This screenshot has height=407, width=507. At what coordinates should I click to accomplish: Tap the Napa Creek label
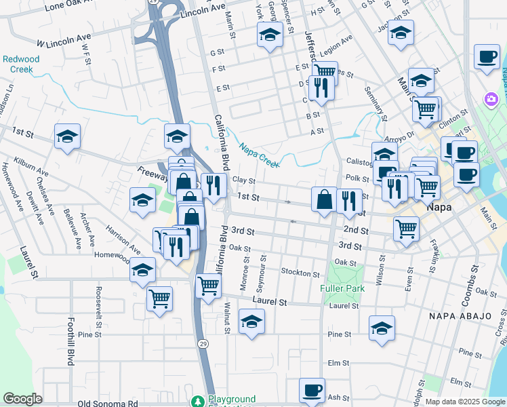click(258, 151)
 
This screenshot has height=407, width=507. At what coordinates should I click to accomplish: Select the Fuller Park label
click(342, 288)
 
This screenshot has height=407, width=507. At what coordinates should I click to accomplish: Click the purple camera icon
click(491, 100)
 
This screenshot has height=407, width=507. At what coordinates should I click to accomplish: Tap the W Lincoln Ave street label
click(64, 40)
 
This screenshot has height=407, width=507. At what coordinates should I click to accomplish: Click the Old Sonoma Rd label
click(108, 403)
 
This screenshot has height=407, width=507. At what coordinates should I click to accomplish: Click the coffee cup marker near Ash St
click(312, 391)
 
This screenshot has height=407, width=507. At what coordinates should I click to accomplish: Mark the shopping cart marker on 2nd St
click(406, 229)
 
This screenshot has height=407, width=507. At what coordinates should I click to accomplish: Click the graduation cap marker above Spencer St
click(270, 34)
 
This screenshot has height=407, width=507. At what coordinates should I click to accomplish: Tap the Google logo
click(22, 399)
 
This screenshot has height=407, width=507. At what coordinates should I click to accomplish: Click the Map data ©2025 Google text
click(464, 402)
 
